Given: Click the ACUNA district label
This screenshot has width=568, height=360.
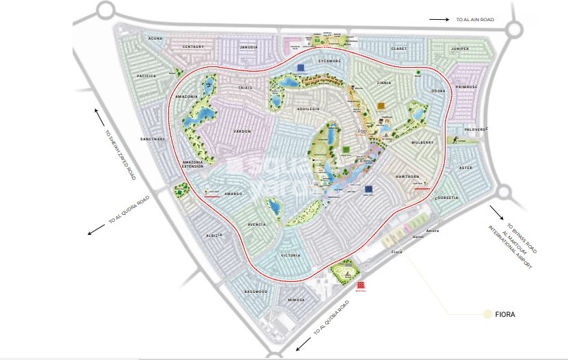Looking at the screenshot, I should tap(155, 39).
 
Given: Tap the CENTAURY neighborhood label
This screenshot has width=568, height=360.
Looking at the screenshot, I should tap(194, 47).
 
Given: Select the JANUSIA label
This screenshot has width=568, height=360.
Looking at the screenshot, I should tap(248, 47).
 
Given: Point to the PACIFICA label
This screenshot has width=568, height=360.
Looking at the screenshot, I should tap(146, 75).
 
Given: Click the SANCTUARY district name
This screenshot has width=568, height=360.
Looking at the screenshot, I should tap(153, 139).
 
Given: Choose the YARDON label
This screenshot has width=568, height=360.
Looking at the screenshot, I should tap(242, 131).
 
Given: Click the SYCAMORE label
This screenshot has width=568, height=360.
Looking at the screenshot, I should tap(328, 61).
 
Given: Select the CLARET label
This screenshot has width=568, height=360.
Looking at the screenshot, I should tap(398, 49).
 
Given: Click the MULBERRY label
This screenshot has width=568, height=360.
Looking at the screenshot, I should tap(422, 142).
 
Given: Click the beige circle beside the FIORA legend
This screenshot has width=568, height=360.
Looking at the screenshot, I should tap(488, 314).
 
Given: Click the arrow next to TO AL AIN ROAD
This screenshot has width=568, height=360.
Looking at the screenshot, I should tap(439, 21).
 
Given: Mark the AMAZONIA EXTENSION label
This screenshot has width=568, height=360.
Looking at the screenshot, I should tap(193, 165).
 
